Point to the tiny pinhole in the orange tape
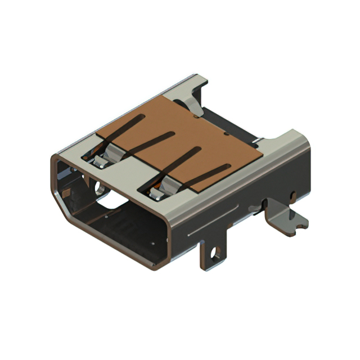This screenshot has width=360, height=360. coord(226,135)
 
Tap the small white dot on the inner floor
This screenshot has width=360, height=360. coord(152,244)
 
